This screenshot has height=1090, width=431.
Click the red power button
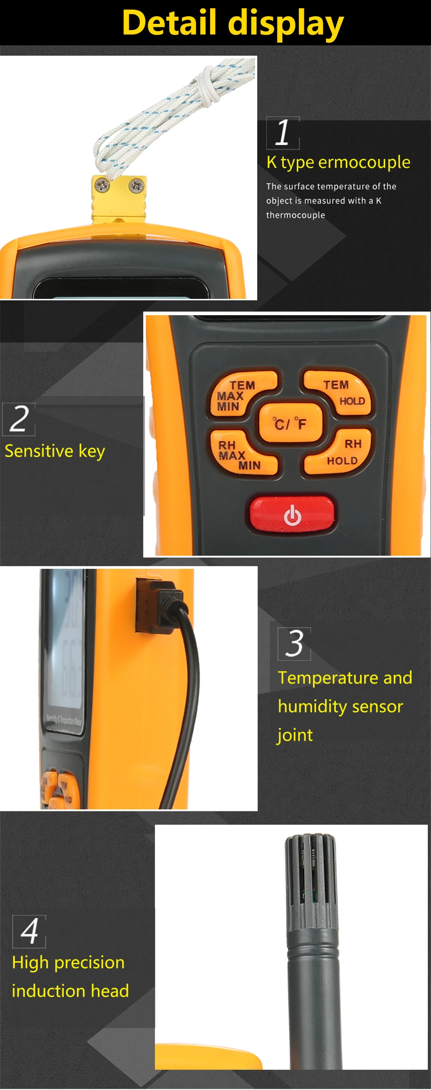(x=292, y=514)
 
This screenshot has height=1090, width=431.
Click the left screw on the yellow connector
(x=102, y=185)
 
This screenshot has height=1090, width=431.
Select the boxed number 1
(x=283, y=133)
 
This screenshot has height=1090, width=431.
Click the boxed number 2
(x=19, y=419)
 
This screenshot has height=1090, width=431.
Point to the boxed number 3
(x=294, y=644)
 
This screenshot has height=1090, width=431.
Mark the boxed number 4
(x=29, y=932)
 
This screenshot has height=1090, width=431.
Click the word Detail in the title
(x=169, y=23)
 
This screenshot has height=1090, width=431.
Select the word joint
(x=295, y=735)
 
